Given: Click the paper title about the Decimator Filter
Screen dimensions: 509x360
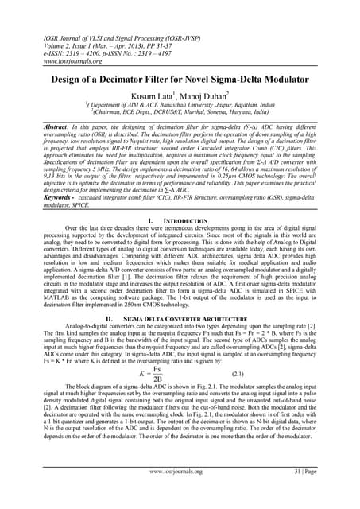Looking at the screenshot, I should (180, 80).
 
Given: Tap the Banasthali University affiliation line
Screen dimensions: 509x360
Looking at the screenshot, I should (180, 113).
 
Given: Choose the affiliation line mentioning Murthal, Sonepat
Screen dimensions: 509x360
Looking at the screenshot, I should (180, 121).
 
